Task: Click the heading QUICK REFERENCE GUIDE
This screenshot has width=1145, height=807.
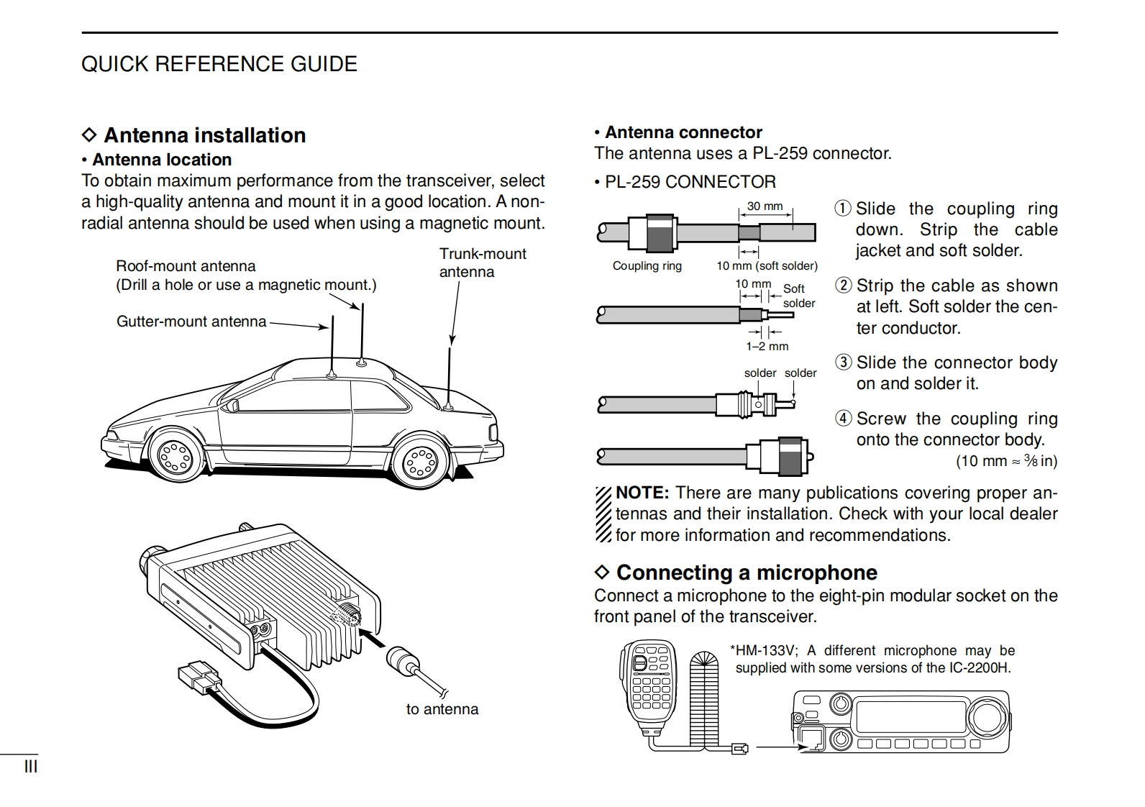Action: (219, 64)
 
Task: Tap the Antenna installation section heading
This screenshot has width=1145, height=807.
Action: (204, 135)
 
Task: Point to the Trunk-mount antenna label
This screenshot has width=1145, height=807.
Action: (482, 263)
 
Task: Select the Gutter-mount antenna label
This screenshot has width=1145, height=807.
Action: (191, 322)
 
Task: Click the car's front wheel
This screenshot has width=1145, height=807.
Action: (175, 454)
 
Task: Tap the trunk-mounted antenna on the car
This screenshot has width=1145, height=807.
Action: (449, 378)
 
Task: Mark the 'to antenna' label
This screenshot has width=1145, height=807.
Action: (442, 709)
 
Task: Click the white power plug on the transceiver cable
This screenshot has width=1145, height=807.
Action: (199, 677)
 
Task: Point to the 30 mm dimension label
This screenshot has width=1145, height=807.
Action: (765, 206)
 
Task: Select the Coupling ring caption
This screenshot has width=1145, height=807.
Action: (647, 265)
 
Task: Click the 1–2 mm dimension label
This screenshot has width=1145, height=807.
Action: (767, 346)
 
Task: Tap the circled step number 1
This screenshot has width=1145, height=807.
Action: (842, 209)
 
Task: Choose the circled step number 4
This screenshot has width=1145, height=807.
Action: (843, 419)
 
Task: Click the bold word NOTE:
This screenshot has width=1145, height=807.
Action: (642, 493)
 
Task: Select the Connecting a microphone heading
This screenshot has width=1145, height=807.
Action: (746, 573)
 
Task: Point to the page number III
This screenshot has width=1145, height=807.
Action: (31, 767)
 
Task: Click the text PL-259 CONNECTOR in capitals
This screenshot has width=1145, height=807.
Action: (690, 182)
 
